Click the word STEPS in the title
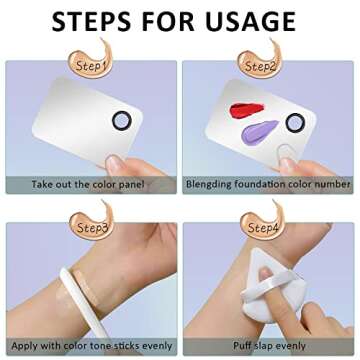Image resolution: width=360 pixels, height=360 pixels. [x=92, y=21]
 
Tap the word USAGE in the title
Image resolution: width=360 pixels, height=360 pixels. [x=250, y=21]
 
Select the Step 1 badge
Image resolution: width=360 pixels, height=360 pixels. [x=92, y=60]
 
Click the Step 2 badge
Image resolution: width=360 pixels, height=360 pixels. [x=261, y=60]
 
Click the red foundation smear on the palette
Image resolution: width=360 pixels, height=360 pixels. [x=247, y=110]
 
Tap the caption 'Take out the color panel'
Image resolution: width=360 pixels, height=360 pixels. [x=88, y=184]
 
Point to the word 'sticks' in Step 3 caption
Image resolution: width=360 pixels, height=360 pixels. [x=125, y=346]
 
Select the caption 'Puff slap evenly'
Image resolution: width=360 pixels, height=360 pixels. [x=269, y=346]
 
